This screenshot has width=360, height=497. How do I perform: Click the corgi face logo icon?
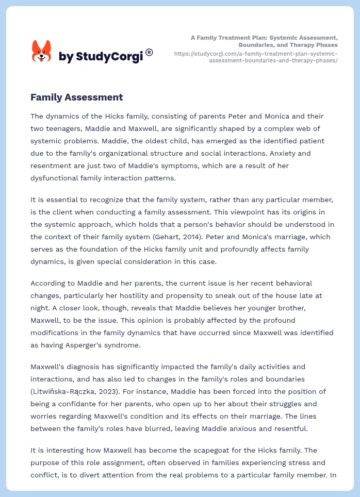pos(42,52)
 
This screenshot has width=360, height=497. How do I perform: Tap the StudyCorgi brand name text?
pos(100,57)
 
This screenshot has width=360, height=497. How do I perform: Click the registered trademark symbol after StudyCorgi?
pos(149,52)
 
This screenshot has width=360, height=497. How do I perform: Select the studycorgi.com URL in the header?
pos(256,57)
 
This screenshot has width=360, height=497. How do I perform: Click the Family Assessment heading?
pos(76,97)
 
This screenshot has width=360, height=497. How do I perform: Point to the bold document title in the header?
pos(264,41)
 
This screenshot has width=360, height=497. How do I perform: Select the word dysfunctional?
pos(56,178)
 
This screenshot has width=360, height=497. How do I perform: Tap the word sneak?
pos(244,295)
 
